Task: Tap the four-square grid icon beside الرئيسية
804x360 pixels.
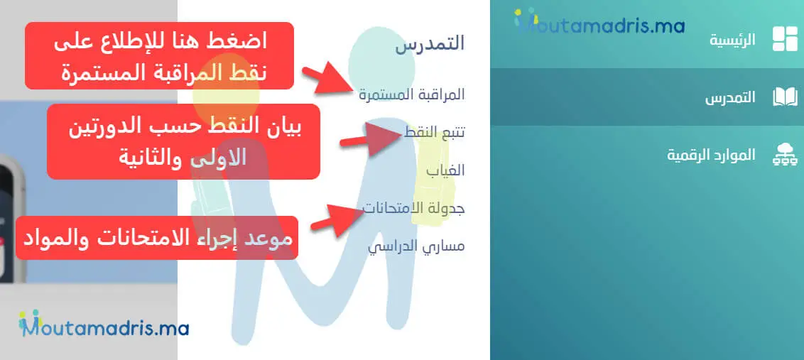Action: point(785,39)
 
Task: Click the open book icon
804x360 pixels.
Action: point(785,97)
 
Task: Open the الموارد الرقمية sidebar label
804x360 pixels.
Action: point(711,155)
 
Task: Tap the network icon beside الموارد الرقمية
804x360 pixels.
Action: point(785,155)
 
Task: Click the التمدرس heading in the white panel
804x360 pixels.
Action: point(430,43)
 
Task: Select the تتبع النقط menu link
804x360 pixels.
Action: point(434,132)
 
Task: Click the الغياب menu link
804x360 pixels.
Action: point(445,170)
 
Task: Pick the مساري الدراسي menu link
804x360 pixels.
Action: point(416,247)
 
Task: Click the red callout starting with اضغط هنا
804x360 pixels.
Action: point(160,56)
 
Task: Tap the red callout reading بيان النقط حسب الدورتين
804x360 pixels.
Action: point(183,142)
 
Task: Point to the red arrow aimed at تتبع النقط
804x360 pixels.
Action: point(373,136)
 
